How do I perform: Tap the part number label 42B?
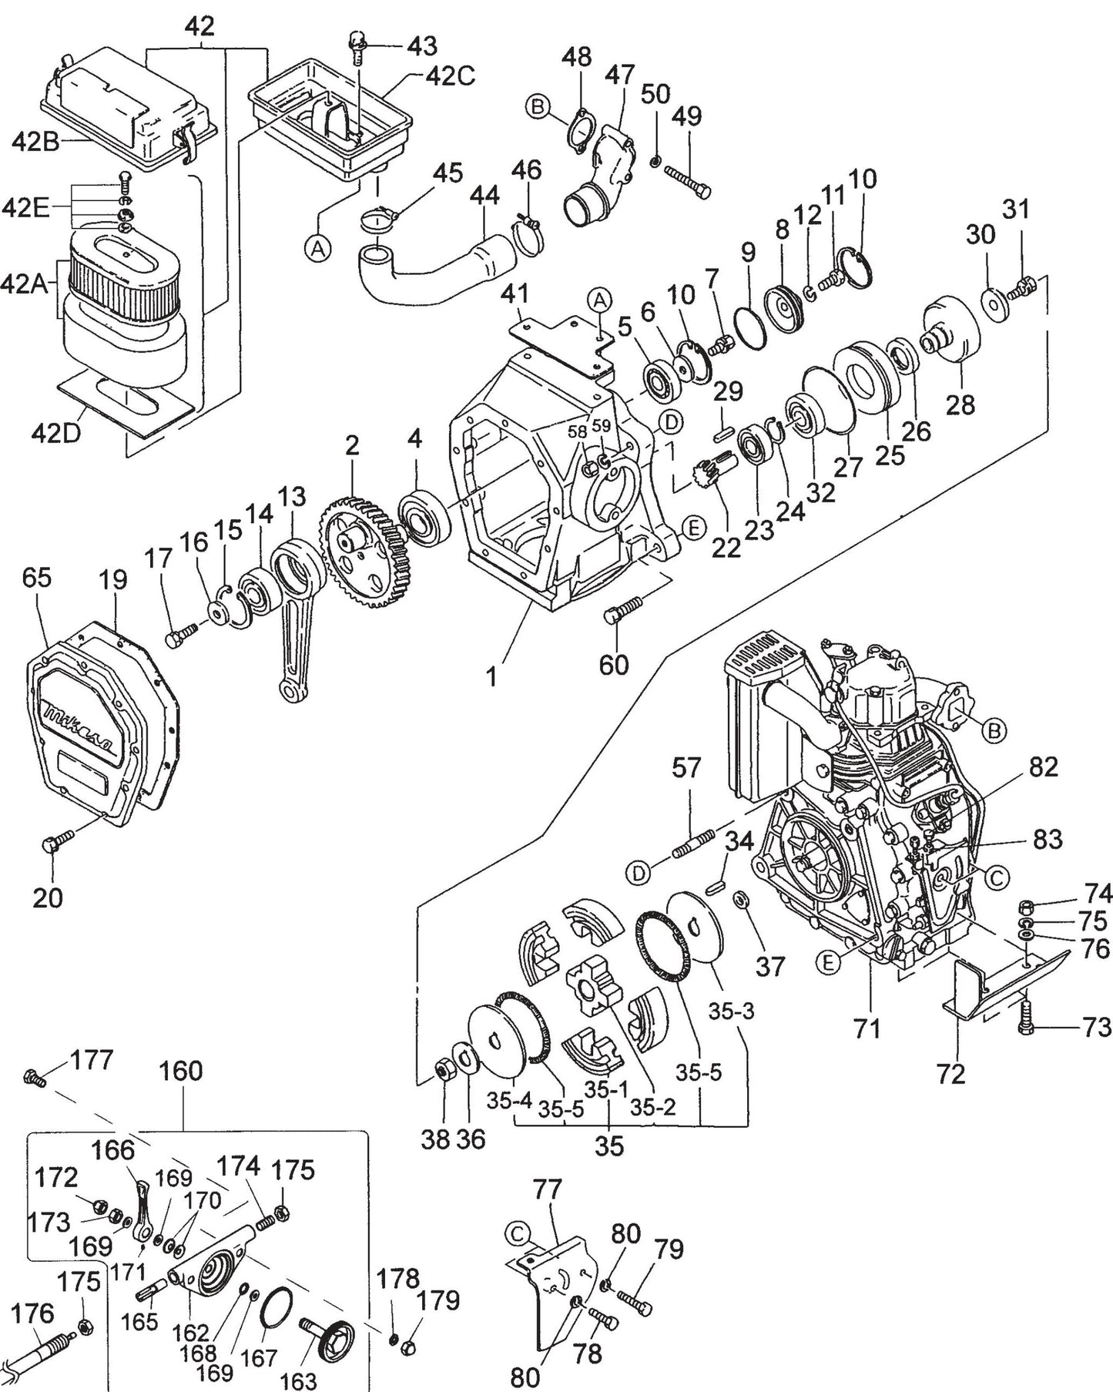(35, 143)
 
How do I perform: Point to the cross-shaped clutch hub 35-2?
(593, 988)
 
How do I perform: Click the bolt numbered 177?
(35, 1076)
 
